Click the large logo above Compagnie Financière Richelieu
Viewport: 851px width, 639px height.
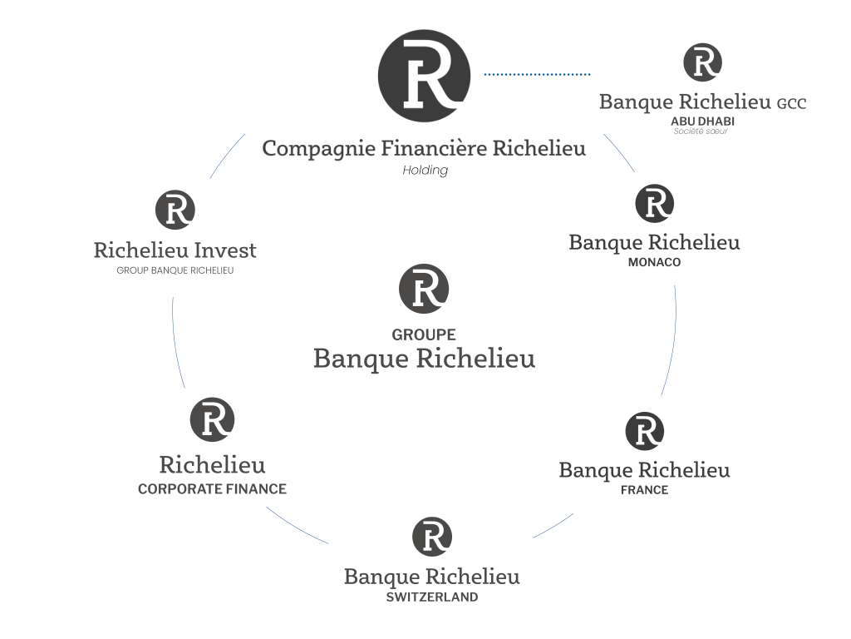pyautogui.click(x=424, y=76)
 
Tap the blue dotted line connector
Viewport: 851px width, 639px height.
pyautogui.click(x=537, y=74)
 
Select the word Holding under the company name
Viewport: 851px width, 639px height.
pyautogui.click(x=425, y=171)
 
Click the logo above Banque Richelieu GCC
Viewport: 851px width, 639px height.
pyautogui.click(x=702, y=62)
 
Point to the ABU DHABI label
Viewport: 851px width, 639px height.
pyautogui.click(x=702, y=121)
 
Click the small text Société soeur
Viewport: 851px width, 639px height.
pyautogui.click(x=701, y=131)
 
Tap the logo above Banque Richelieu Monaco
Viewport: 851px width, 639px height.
pyautogui.click(x=654, y=204)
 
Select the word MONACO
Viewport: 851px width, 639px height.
pyautogui.click(x=654, y=262)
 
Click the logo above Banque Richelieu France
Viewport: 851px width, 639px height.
pyautogui.click(x=644, y=431)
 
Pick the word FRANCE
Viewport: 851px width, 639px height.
pyautogui.click(x=644, y=490)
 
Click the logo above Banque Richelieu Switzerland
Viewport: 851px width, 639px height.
pyautogui.click(x=432, y=537)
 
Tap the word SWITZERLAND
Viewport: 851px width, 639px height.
pyautogui.click(x=432, y=597)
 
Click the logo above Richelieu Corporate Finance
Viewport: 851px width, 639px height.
pyautogui.click(x=212, y=419)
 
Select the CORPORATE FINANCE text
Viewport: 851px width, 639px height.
pyautogui.click(x=212, y=489)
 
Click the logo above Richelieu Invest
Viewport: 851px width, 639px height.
pyautogui.click(x=175, y=210)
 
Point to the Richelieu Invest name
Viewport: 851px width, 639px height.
pyautogui.click(x=175, y=250)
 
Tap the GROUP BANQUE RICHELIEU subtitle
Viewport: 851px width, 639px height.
pyautogui.click(x=175, y=270)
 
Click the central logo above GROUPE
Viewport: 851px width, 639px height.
pyautogui.click(x=424, y=289)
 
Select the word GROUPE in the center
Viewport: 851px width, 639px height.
pyautogui.click(x=424, y=334)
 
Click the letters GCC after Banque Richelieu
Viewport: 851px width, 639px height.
pyautogui.click(x=791, y=104)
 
